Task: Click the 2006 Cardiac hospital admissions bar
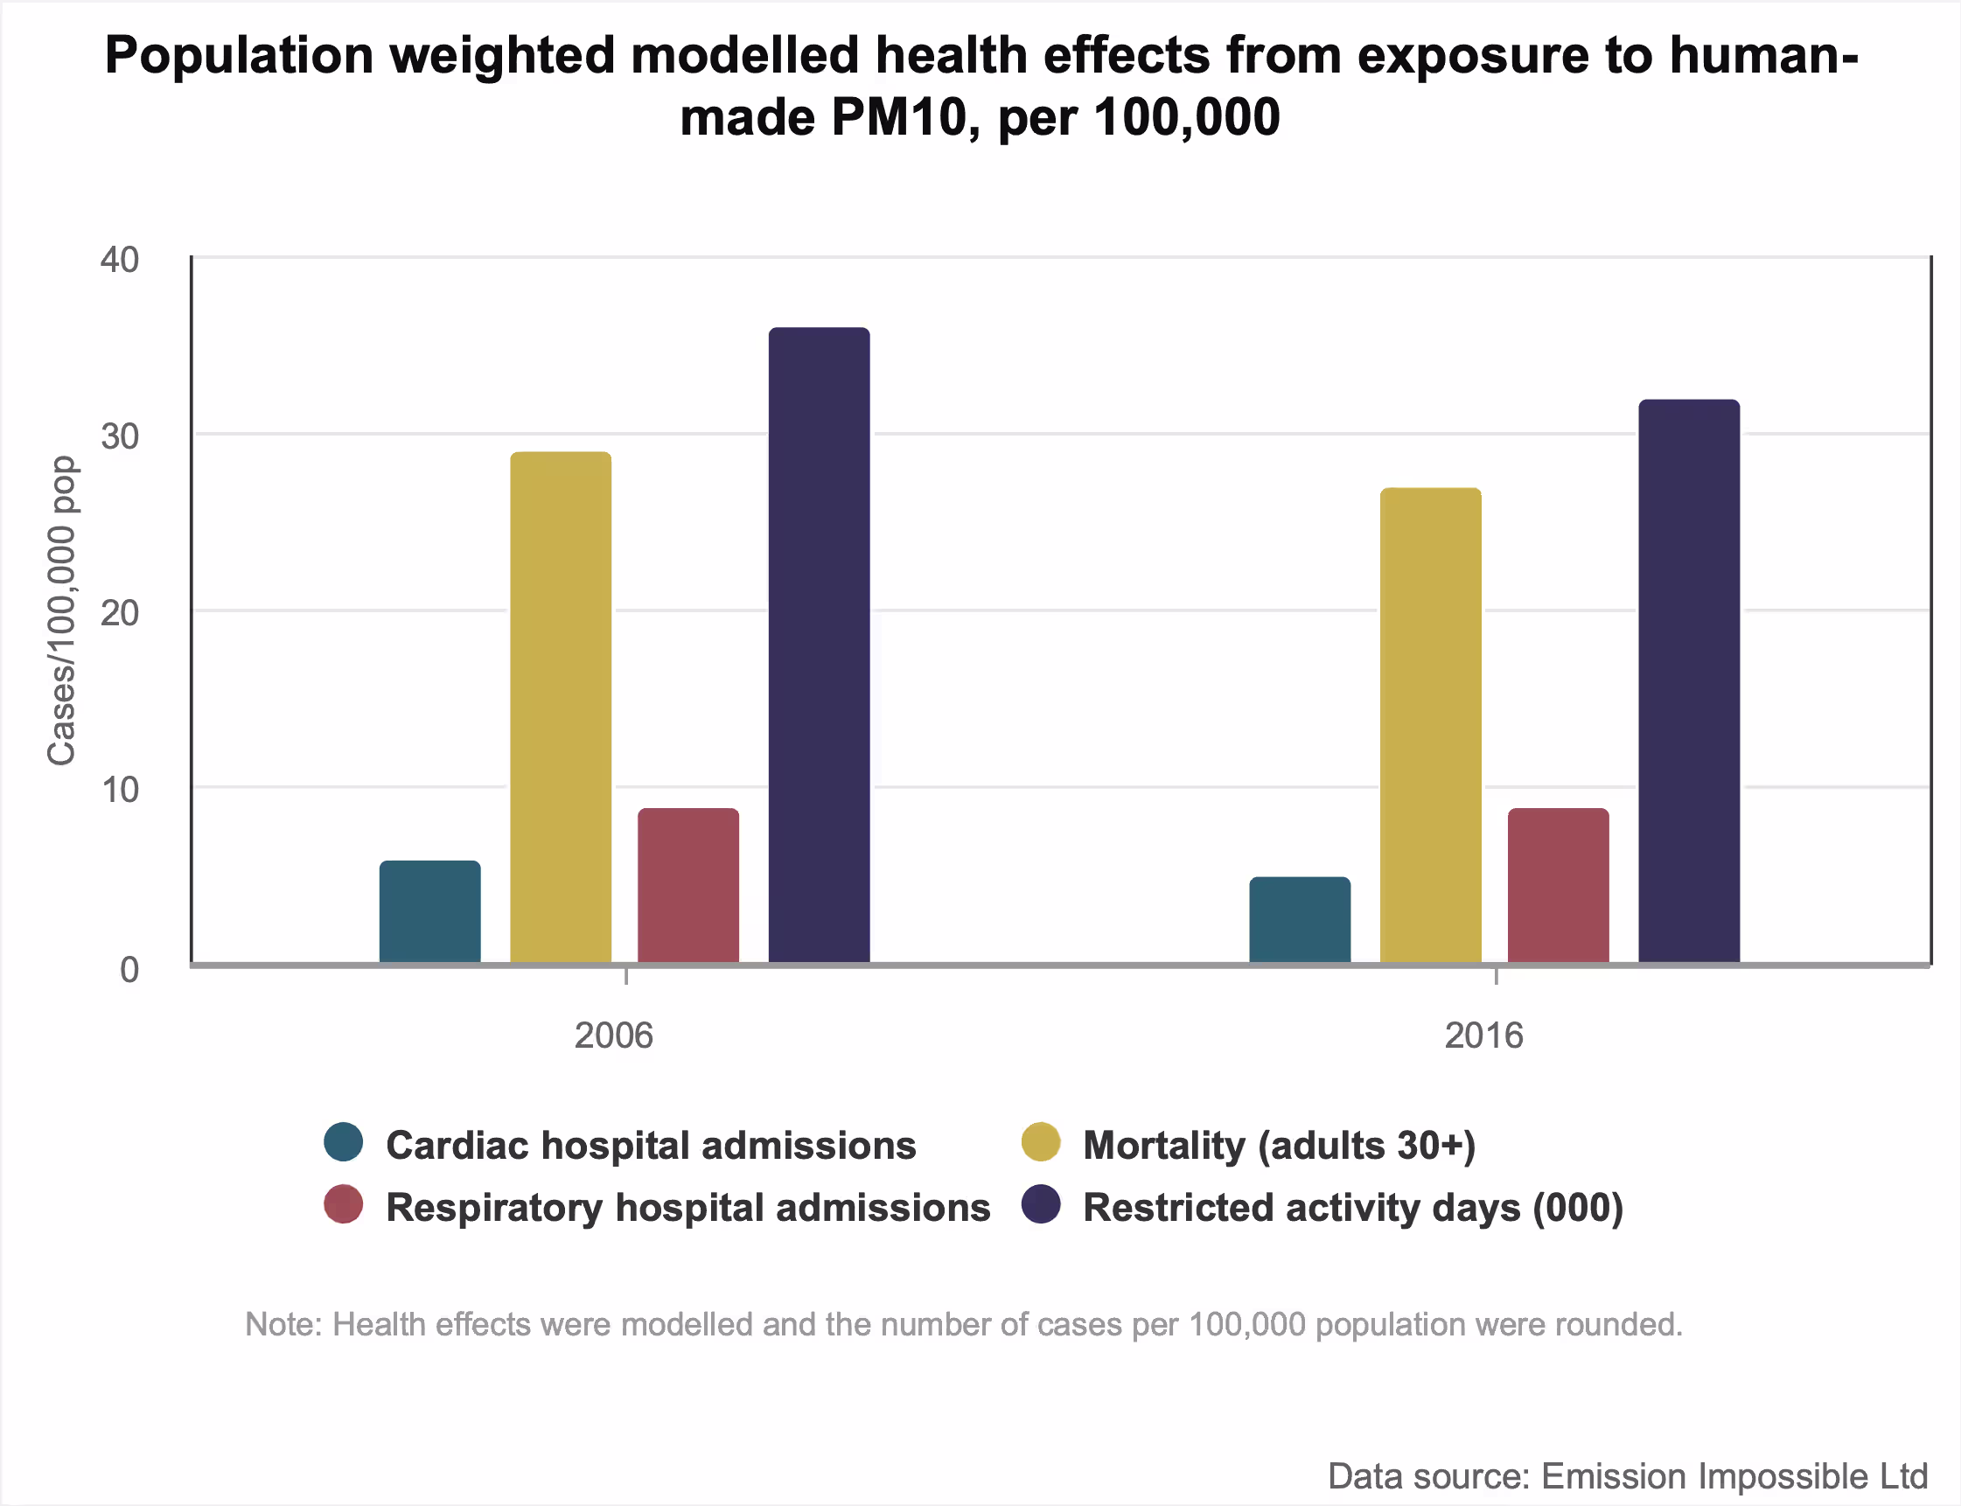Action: click(429, 911)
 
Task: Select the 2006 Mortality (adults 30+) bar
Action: click(561, 708)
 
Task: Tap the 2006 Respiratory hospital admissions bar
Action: click(687, 886)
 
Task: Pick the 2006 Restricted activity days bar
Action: click(819, 645)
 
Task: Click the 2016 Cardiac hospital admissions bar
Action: click(1299, 920)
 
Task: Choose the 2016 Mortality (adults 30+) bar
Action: click(1430, 725)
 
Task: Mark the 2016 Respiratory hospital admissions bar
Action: click(1558, 886)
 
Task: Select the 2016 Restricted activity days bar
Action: click(1688, 681)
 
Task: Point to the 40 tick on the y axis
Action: click(120, 260)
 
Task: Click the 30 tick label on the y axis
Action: click(120, 436)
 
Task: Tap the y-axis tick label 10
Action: click(120, 790)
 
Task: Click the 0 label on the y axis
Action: click(129, 969)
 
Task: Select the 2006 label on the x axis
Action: click(613, 1035)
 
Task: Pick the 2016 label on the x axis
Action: click(1483, 1035)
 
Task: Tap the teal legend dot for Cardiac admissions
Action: click(344, 1142)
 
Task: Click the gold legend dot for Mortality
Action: click(1040, 1142)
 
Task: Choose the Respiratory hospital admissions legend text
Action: click(687, 1208)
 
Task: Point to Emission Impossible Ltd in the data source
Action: click(1734, 1476)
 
